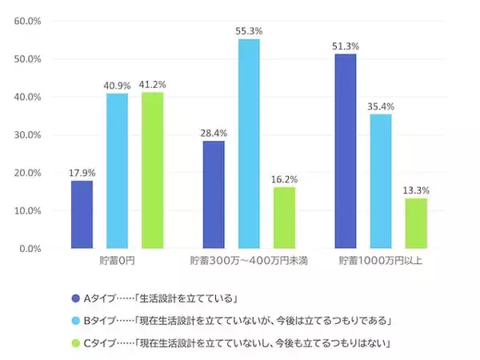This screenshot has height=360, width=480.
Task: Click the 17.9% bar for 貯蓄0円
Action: [82, 214]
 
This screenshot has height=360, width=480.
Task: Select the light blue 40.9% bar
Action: [117, 171]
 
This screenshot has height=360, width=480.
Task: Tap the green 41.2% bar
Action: [152, 170]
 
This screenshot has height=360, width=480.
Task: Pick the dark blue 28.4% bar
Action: [214, 194]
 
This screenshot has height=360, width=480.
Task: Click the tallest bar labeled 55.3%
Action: [249, 144]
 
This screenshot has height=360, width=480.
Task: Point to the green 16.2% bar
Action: [284, 218]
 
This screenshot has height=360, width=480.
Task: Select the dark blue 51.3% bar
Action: [346, 151]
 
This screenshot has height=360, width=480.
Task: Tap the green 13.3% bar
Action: [416, 223]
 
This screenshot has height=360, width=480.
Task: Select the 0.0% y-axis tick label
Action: [30, 249]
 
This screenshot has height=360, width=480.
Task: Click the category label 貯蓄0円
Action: [117, 262]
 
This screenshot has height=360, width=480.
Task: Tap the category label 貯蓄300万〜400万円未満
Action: [249, 262]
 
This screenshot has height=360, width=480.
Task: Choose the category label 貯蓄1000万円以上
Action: [381, 262]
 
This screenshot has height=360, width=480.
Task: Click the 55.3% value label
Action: [249, 31]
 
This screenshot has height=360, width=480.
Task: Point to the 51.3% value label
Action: [345, 46]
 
